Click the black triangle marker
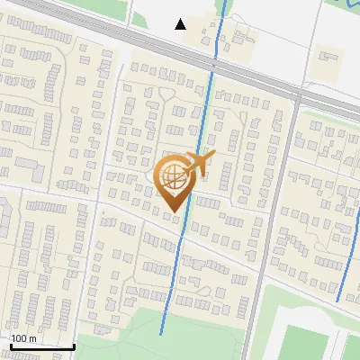coord(181,24)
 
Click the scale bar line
coord(41,346)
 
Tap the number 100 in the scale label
coord(19,338)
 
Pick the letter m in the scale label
coord(32,338)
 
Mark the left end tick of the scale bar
coord(10,345)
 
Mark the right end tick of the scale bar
coord(74,345)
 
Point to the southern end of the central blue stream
coord(161,333)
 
